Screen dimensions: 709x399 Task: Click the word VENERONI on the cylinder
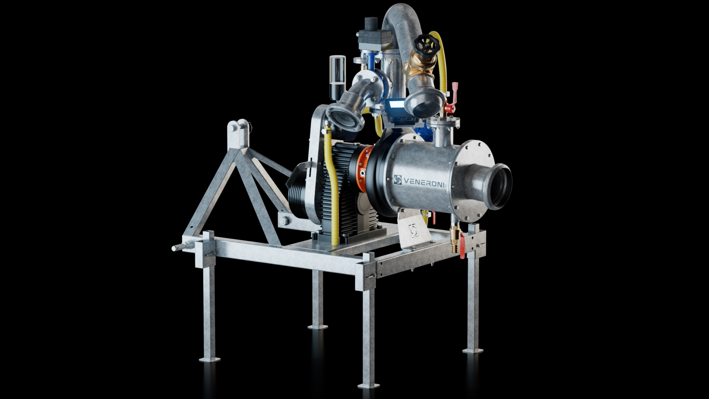click(x=425, y=181)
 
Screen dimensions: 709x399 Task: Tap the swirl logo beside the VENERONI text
click(x=398, y=180)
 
